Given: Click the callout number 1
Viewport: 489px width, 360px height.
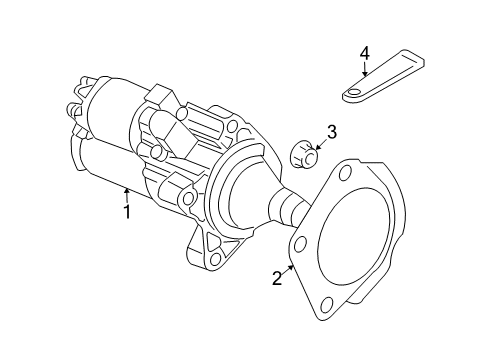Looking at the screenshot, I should point(127,212).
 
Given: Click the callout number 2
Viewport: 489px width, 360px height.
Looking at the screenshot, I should point(277,279).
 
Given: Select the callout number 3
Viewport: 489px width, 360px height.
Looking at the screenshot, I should point(332,132).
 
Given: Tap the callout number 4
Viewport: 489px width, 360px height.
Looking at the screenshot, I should point(365,52).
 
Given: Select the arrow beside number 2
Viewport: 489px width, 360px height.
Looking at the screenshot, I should point(289,268).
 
